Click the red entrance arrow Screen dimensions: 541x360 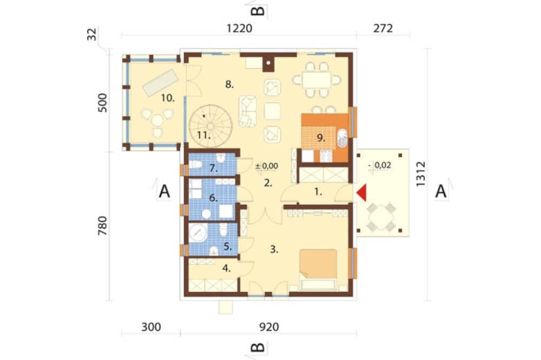click(362, 193)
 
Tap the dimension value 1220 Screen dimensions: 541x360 click(239, 28)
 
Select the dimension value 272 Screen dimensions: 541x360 click(383, 28)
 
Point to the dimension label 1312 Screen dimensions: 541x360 click(420, 174)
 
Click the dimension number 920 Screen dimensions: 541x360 click(269, 326)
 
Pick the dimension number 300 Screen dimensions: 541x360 click(151, 326)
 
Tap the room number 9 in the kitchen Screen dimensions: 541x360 click(321, 138)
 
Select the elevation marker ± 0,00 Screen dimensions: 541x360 click(267, 166)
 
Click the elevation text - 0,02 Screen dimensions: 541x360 click(380, 165)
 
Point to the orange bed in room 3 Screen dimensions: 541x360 click(318, 264)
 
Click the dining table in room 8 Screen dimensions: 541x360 click(316, 80)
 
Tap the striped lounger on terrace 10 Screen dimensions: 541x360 click(161, 82)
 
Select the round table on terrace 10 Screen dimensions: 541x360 click(157, 121)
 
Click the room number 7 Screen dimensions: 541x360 click(214, 169)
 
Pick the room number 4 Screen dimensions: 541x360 click(226, 268)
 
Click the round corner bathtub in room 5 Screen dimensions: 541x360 click(197, 233)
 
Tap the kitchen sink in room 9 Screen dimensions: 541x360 click(342, 138)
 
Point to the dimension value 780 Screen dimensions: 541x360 click(102, 226)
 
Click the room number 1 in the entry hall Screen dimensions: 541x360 click(318, 192)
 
